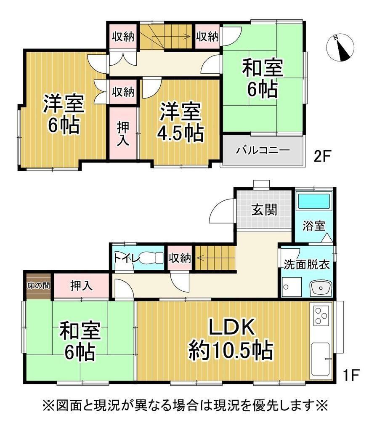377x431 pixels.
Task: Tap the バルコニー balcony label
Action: click(x=263, y=151)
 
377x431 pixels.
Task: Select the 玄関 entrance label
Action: click(x=264, y=210)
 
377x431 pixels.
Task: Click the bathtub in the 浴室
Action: click(x=314, y=202)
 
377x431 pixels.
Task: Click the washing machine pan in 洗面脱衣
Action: click(x=292, y=287)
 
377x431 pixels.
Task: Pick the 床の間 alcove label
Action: click(x=38, y=286)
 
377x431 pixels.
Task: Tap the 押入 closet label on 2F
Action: click(x=123, y=133)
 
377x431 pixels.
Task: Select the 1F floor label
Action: click(x=351, y=375)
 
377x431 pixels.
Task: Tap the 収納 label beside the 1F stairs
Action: click(x=180, y=258)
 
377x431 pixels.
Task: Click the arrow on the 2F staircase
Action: click(x=165, y=35)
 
